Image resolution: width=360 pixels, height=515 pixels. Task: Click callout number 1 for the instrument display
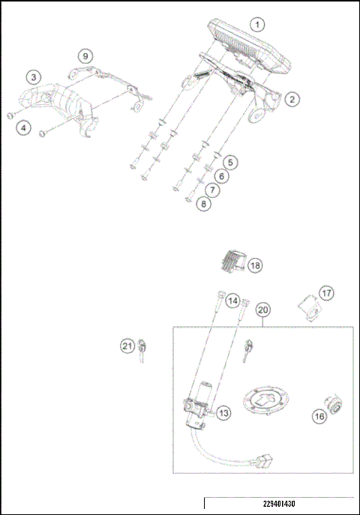(x=257, y=24)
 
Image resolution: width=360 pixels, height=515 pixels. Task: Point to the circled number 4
(x=25, y=129)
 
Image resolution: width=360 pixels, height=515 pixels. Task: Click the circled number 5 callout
(x=230, y=162)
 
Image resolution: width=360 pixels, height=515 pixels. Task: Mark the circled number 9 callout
(x=86, y=56)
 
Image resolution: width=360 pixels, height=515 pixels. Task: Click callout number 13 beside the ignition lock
(x=224, y=412)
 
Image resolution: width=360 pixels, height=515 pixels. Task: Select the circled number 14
(x=233, y=301)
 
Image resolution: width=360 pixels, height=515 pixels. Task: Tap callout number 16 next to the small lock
(x=319, y=415)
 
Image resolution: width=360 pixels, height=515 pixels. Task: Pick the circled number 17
(x=326, y=292)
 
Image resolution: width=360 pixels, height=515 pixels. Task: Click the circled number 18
(x=256, y=266)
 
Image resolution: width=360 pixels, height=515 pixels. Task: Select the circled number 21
(x=128, y=346)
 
